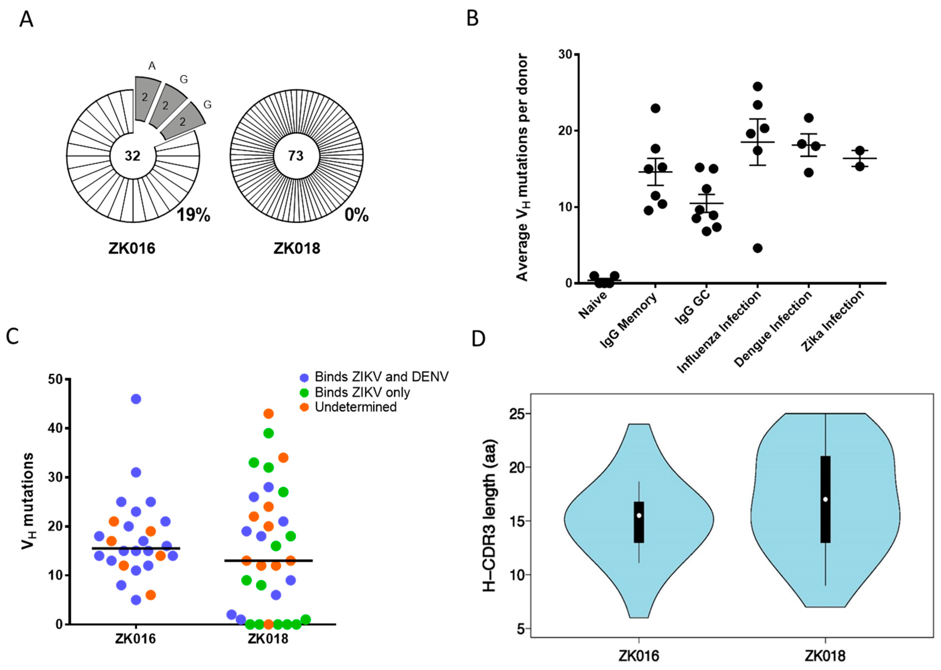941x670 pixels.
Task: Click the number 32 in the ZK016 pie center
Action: point(133,156)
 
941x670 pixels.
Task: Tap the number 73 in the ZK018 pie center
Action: point(296,156)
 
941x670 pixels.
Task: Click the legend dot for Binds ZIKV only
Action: point(304,392)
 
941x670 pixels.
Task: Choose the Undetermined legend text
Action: point(356,407)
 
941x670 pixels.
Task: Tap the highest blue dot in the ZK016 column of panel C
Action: point(136,399)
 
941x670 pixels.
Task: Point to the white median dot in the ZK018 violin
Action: point(825,499)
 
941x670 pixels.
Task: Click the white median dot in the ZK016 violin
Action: point(639,515)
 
